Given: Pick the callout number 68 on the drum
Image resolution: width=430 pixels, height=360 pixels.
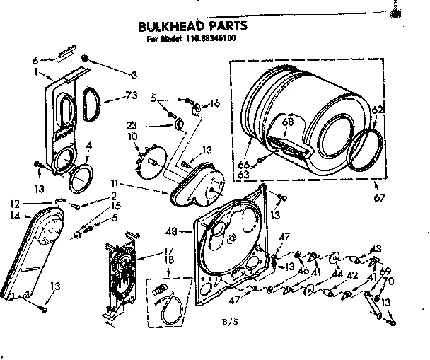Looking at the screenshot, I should tap(287, 122).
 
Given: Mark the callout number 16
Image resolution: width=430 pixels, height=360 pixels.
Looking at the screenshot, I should tap(215, 103).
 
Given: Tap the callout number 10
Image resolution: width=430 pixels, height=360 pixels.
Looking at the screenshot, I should tap(132, 136).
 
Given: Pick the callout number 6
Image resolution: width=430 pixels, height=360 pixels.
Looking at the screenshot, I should tap(34, 60).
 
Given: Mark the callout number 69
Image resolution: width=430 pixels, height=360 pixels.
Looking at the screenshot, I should tap(385, 272).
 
